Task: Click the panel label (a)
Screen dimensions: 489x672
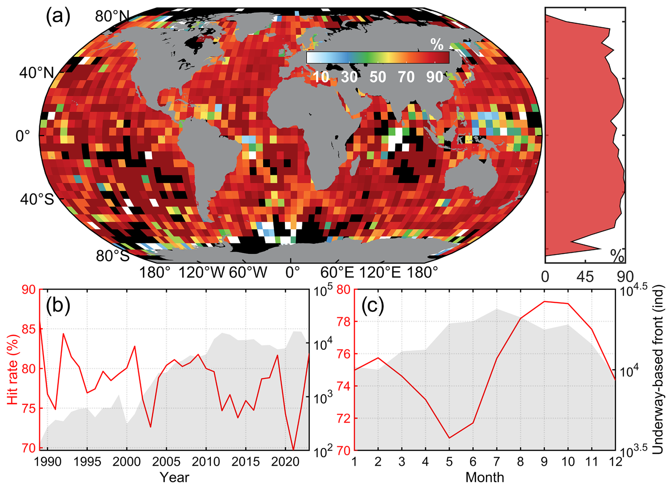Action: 58,17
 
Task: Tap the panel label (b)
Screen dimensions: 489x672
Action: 58,305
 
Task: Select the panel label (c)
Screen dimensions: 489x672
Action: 373,305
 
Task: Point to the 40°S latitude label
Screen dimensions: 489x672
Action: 37,199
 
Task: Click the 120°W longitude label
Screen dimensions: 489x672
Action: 201,273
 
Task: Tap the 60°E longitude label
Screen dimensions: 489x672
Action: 337,273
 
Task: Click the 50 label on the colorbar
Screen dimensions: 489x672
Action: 378,77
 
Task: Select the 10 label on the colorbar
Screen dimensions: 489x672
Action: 321,77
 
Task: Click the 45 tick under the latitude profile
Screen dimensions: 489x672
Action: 585,277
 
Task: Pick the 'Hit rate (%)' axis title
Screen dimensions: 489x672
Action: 13,369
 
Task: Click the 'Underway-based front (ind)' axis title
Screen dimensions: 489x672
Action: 658,369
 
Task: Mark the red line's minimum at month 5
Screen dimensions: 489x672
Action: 449,438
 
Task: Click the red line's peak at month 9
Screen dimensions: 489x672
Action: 544,301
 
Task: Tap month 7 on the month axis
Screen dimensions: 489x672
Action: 497,462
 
